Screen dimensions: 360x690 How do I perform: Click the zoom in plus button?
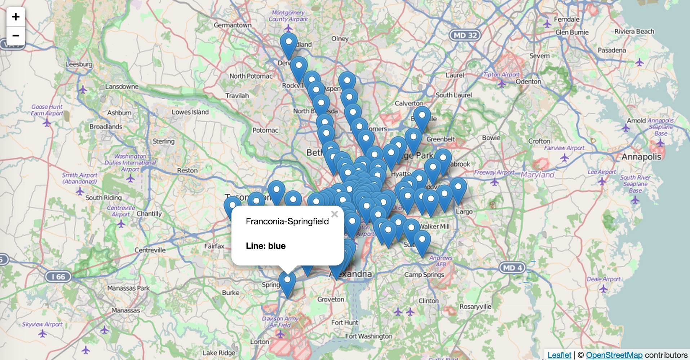16,17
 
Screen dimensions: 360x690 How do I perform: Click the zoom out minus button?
16,36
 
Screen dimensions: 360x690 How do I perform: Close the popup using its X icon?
335,214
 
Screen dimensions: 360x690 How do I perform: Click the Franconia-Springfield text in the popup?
287,221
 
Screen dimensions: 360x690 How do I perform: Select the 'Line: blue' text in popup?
266,246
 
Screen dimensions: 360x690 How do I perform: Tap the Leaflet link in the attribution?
559,355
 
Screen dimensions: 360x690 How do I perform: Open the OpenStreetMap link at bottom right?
614,355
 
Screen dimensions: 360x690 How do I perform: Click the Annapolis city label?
641,157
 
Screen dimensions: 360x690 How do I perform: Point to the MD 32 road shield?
465,35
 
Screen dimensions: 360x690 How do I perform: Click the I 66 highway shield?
58,277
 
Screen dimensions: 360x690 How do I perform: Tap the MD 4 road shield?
512,268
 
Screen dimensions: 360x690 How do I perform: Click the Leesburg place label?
79,64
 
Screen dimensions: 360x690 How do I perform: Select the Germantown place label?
233,25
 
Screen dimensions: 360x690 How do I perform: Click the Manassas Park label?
128,288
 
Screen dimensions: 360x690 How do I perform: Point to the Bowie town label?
491,138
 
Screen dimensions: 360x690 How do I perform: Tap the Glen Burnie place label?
572,32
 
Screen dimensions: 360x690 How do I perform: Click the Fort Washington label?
368,336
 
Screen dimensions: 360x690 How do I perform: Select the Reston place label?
187,170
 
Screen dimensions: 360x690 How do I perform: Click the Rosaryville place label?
475,307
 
